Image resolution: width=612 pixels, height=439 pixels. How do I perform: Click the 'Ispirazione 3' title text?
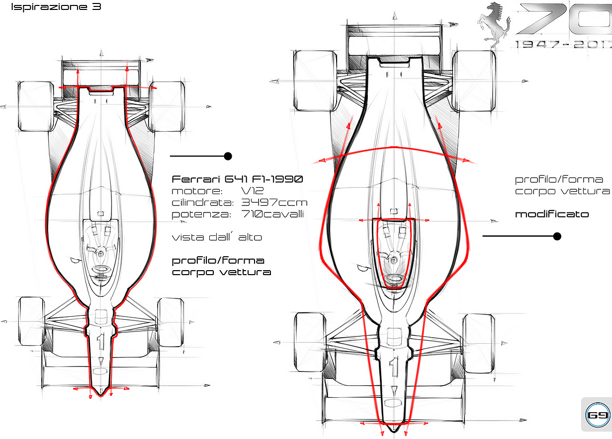click(x=56, y=7)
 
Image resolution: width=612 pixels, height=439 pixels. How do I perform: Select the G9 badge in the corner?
click(x=598, y=415)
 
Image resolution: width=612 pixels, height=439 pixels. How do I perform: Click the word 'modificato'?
click(x=552, y=215)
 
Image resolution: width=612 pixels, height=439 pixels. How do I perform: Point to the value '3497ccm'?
click(x=274, y=203)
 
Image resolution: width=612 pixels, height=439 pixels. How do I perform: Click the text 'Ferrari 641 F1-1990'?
click(x=237, y=179)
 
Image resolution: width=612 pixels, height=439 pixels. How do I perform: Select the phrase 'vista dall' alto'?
click(x=217, y=237)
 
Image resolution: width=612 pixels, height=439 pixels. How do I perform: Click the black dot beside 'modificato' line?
click(x=557, y=236)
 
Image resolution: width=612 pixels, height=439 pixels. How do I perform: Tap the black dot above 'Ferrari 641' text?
click(x=228, y=156)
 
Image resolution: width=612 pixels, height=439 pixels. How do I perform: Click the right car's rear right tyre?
click(x=474, y=80)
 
